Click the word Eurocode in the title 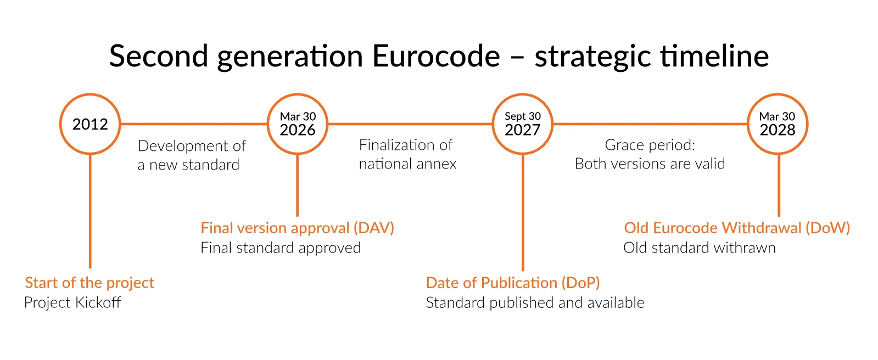(x=436, y=56)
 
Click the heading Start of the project (x=90, y=283)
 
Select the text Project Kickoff (x=72, y=302)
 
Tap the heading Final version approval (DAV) (x=297, y=228)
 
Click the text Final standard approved (x=280, y=248)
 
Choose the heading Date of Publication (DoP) (x=513, y=283)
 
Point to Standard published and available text (x=535, y=302)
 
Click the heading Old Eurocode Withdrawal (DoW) (x=737, y=228)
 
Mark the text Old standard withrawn (x=699, y=248)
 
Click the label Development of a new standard (x=192, y=155)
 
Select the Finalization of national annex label (x=407, y=154)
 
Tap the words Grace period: (x=650, y=145)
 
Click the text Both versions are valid (x=650, y=164)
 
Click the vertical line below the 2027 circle (x=523, y=212)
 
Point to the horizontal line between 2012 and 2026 (x=194, y=124)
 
